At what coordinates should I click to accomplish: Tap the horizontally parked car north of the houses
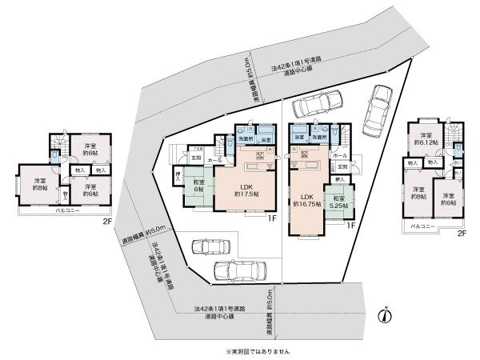tap(318, 106)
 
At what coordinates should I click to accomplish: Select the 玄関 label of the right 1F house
tap(343, 166)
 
